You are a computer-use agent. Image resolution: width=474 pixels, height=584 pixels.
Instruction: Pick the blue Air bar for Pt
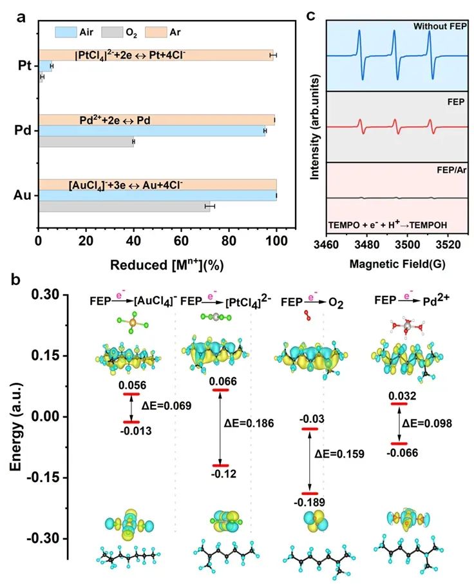point(45,66)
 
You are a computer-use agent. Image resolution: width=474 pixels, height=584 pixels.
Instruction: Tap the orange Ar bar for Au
point(157,184)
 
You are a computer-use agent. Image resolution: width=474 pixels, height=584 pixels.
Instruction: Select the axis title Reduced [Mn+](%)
point(167,265)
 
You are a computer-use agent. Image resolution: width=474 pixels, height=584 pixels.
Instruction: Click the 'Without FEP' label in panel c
point(439,26)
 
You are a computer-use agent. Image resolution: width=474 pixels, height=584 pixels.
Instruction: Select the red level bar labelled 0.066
point(220,390)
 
